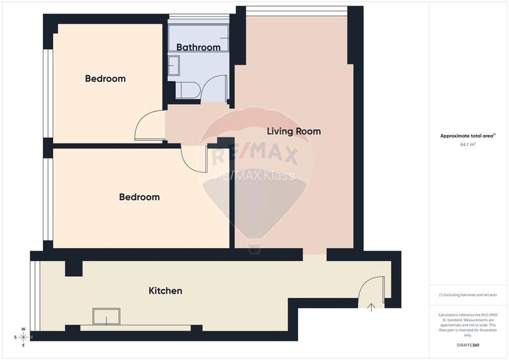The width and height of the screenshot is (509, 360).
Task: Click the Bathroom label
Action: pyautogui.click(x=198, y=47)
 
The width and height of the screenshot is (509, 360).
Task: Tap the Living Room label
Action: pyautogui.click(x=294, y=132)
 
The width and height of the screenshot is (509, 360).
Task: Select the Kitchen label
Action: pyautogui.click(x=166, y=291)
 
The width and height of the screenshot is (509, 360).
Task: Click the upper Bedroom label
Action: pyautogui.click(x=106, y=79)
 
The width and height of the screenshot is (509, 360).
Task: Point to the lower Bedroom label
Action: pyautogui.click(x=139, y=197)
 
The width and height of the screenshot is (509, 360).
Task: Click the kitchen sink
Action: pyautogui.click(x=106, y=317)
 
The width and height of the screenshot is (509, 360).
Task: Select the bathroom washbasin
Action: pyautogui.click(x=175, y=65)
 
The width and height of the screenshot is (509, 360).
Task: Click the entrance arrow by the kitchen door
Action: pyautogui.click(x=372, y=307)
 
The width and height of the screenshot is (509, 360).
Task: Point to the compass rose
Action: pyautogui.click(x=24, y=336)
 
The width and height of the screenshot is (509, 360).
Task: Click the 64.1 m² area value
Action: pyautogui.click(x=468, y=145)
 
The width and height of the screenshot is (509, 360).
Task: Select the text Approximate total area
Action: pyautogui.click(x=467, y=136)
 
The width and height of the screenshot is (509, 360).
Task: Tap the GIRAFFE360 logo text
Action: pyautogui.click(x=468, y=345)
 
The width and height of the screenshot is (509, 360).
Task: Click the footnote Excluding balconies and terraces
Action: pyautogui.click(x=468, y=295)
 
